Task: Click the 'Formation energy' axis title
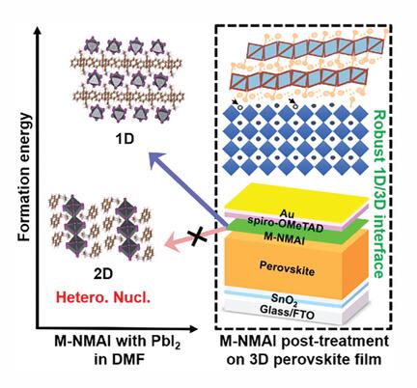pyautogui.click(x=24, y=178)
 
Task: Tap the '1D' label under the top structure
pyautogui.click(x=125, y=139)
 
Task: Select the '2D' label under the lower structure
pyautogui.click(x=103, y=274)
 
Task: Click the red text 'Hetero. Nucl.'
pyautogui.click(x=103, y=297)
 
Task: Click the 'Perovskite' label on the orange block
pyautogui.click(x=287, y=268)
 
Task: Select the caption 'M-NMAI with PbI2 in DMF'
pyautogui.click(x=118, y=349)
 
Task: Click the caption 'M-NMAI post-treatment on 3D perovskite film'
pyautogui.click(x=305, y=349)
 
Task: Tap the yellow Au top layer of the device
pyautogui.click(x=296, y=198)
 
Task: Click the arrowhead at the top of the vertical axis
pyautogui.click(x=38, y=31)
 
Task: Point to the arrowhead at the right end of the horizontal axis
pyautogui.click(x=192, y=328)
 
